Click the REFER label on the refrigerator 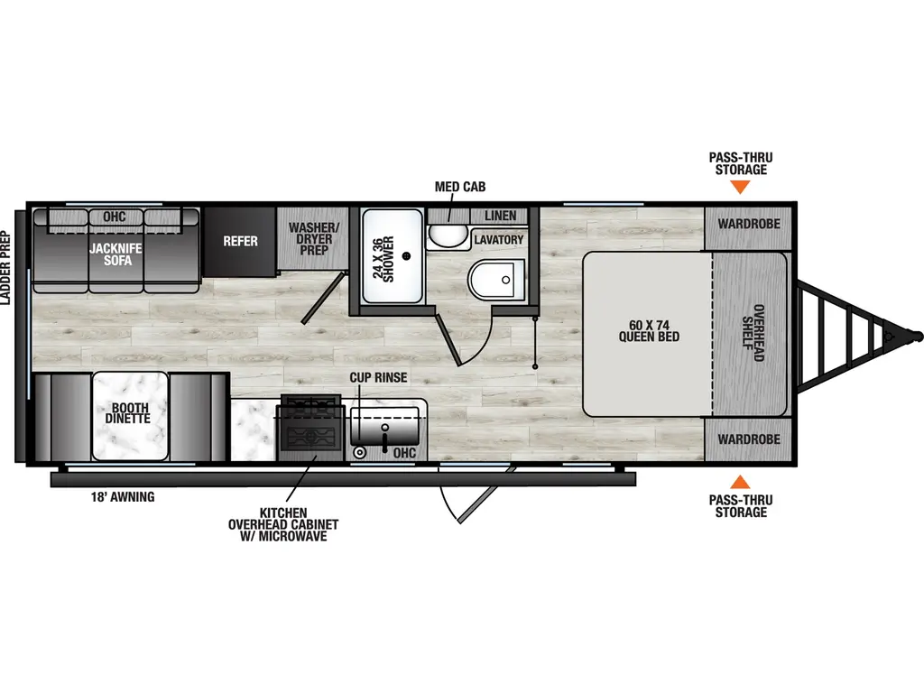click(241, 241)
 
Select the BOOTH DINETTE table click(130, 414)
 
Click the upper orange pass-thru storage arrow click(740, 187)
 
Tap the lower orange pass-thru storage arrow click(740, 482)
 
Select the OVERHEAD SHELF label click(753, 337)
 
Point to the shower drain click(408, 256)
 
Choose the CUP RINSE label click(379, 377)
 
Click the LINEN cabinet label click(500, 216)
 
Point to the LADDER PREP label click(8, 269)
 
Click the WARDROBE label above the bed click(748, 221)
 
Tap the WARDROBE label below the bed click(748, 439)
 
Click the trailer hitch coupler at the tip click(916, 335)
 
